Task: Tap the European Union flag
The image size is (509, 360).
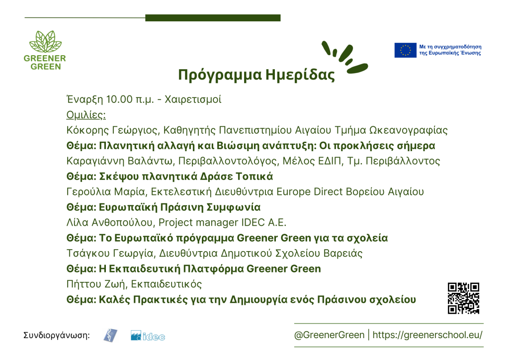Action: (405, 50)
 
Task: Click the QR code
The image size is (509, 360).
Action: (463, 298)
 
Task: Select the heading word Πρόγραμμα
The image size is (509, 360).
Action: (220, 75)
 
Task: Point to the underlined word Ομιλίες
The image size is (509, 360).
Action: (86, 115)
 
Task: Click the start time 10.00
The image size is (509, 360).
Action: (119, 99)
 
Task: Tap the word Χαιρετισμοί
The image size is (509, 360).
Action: (193, 99)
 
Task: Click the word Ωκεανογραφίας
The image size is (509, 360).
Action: (409, 130)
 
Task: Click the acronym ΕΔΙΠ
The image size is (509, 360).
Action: (328, 161)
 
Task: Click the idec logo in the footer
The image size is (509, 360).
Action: (148, 336)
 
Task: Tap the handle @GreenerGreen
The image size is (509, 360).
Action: (329, 335)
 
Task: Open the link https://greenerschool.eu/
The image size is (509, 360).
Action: (427, 335)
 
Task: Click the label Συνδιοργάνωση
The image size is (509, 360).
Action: (57, 335)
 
